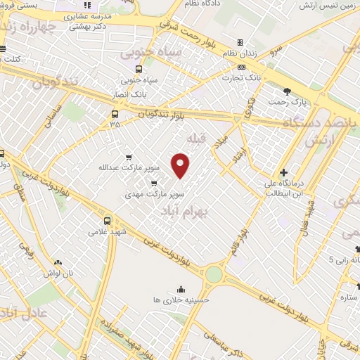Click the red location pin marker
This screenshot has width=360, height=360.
click(181, 166)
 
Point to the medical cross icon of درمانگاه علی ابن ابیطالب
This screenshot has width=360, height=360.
click(283, 172)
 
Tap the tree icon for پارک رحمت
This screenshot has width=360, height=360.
click(287, 91)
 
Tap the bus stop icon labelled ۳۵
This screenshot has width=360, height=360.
click(115, 114)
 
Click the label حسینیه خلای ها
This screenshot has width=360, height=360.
click(181, 300)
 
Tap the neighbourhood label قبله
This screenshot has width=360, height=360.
click(198, 139)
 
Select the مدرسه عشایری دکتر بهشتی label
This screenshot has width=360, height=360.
click(88, 19)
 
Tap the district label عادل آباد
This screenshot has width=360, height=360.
click(14, 314)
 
